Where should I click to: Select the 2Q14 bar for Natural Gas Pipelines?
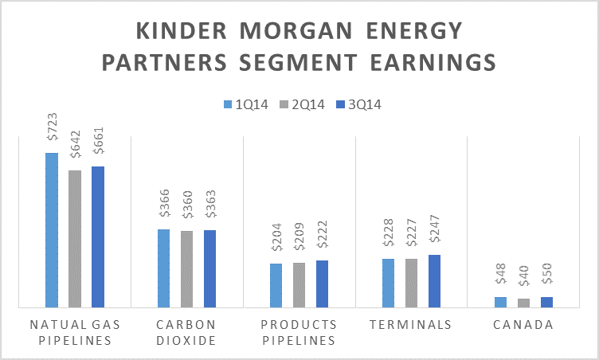[75, 238]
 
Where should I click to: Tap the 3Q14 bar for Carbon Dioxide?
[210, 268]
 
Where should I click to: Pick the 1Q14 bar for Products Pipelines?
[276, 285]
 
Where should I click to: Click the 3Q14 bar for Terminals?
[435, 280]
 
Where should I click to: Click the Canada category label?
[523, 325]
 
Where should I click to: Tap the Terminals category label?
[411, 325]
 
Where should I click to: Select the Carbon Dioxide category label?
[186, 332]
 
